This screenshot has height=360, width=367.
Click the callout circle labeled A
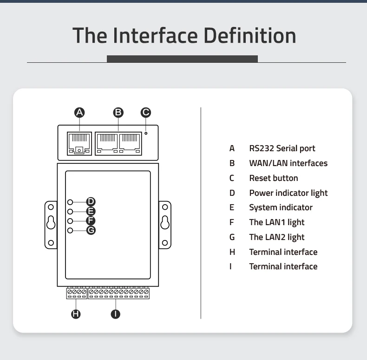tap(79, 112)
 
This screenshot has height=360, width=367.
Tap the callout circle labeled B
tap(118, 112)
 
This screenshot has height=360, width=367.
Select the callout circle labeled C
tap(146, 112)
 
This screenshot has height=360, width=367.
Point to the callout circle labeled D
tap(91, 201)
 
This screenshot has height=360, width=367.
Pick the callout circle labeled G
tap(91, 230)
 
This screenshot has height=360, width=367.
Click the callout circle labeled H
tap(75, 314)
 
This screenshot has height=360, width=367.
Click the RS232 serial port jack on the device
tap(79, 144)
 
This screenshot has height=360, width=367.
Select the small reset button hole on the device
tap(146, 133)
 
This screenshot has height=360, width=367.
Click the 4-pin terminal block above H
tap(76, 293)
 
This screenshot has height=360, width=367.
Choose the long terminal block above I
tap(118, 293)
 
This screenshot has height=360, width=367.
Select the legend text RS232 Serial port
tap(282, 148)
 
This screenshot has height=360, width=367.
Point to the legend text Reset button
tap(273, 178)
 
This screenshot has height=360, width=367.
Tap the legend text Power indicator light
tap(288, 193)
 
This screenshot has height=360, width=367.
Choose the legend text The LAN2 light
tap(276, 237)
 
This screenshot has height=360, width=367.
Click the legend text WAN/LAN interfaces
tap(288, 163)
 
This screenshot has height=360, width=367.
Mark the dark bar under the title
tap(182, 59)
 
